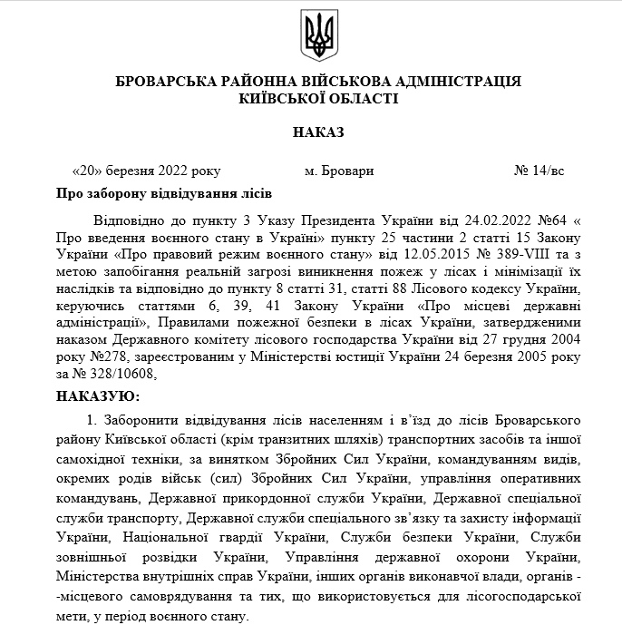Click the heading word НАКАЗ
tap(318, 132)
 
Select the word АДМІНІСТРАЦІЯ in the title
tap(450, 82)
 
